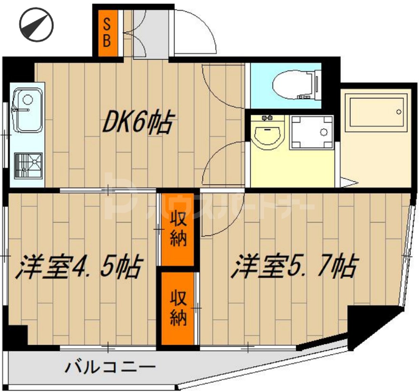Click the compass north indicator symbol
point(37,25)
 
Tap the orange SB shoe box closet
point(107,33)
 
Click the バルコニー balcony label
point(111,367)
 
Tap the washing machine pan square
point(312,132)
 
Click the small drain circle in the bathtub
point(399,112)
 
